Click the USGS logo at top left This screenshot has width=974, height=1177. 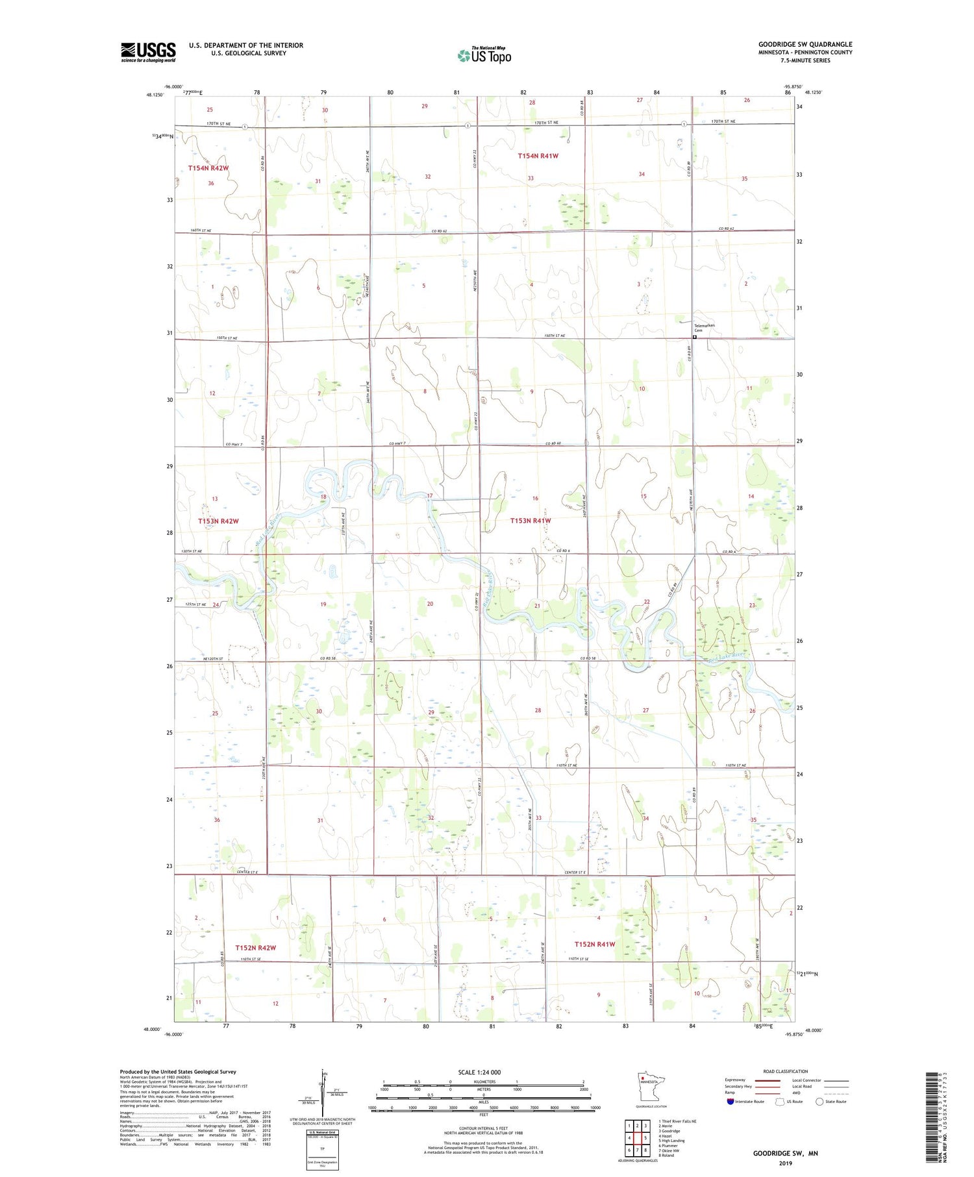[148, 52]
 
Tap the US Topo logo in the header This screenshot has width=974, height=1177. [484, 55]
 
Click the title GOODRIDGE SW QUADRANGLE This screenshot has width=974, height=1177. [805, 44]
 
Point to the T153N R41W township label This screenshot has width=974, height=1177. [530, 521]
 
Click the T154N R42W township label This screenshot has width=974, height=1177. [208, 168]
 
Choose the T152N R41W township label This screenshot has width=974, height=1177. [594, 944]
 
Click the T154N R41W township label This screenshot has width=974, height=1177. [538, 156]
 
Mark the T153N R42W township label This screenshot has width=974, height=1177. [218, 521]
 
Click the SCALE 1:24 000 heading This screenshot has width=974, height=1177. [479, 1072]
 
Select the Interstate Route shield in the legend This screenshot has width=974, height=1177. [730, 1101]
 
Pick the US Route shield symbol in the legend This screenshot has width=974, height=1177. [780, 1101]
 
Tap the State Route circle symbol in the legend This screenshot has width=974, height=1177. [819, 1101]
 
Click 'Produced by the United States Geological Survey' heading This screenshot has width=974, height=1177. [178, 1072]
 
